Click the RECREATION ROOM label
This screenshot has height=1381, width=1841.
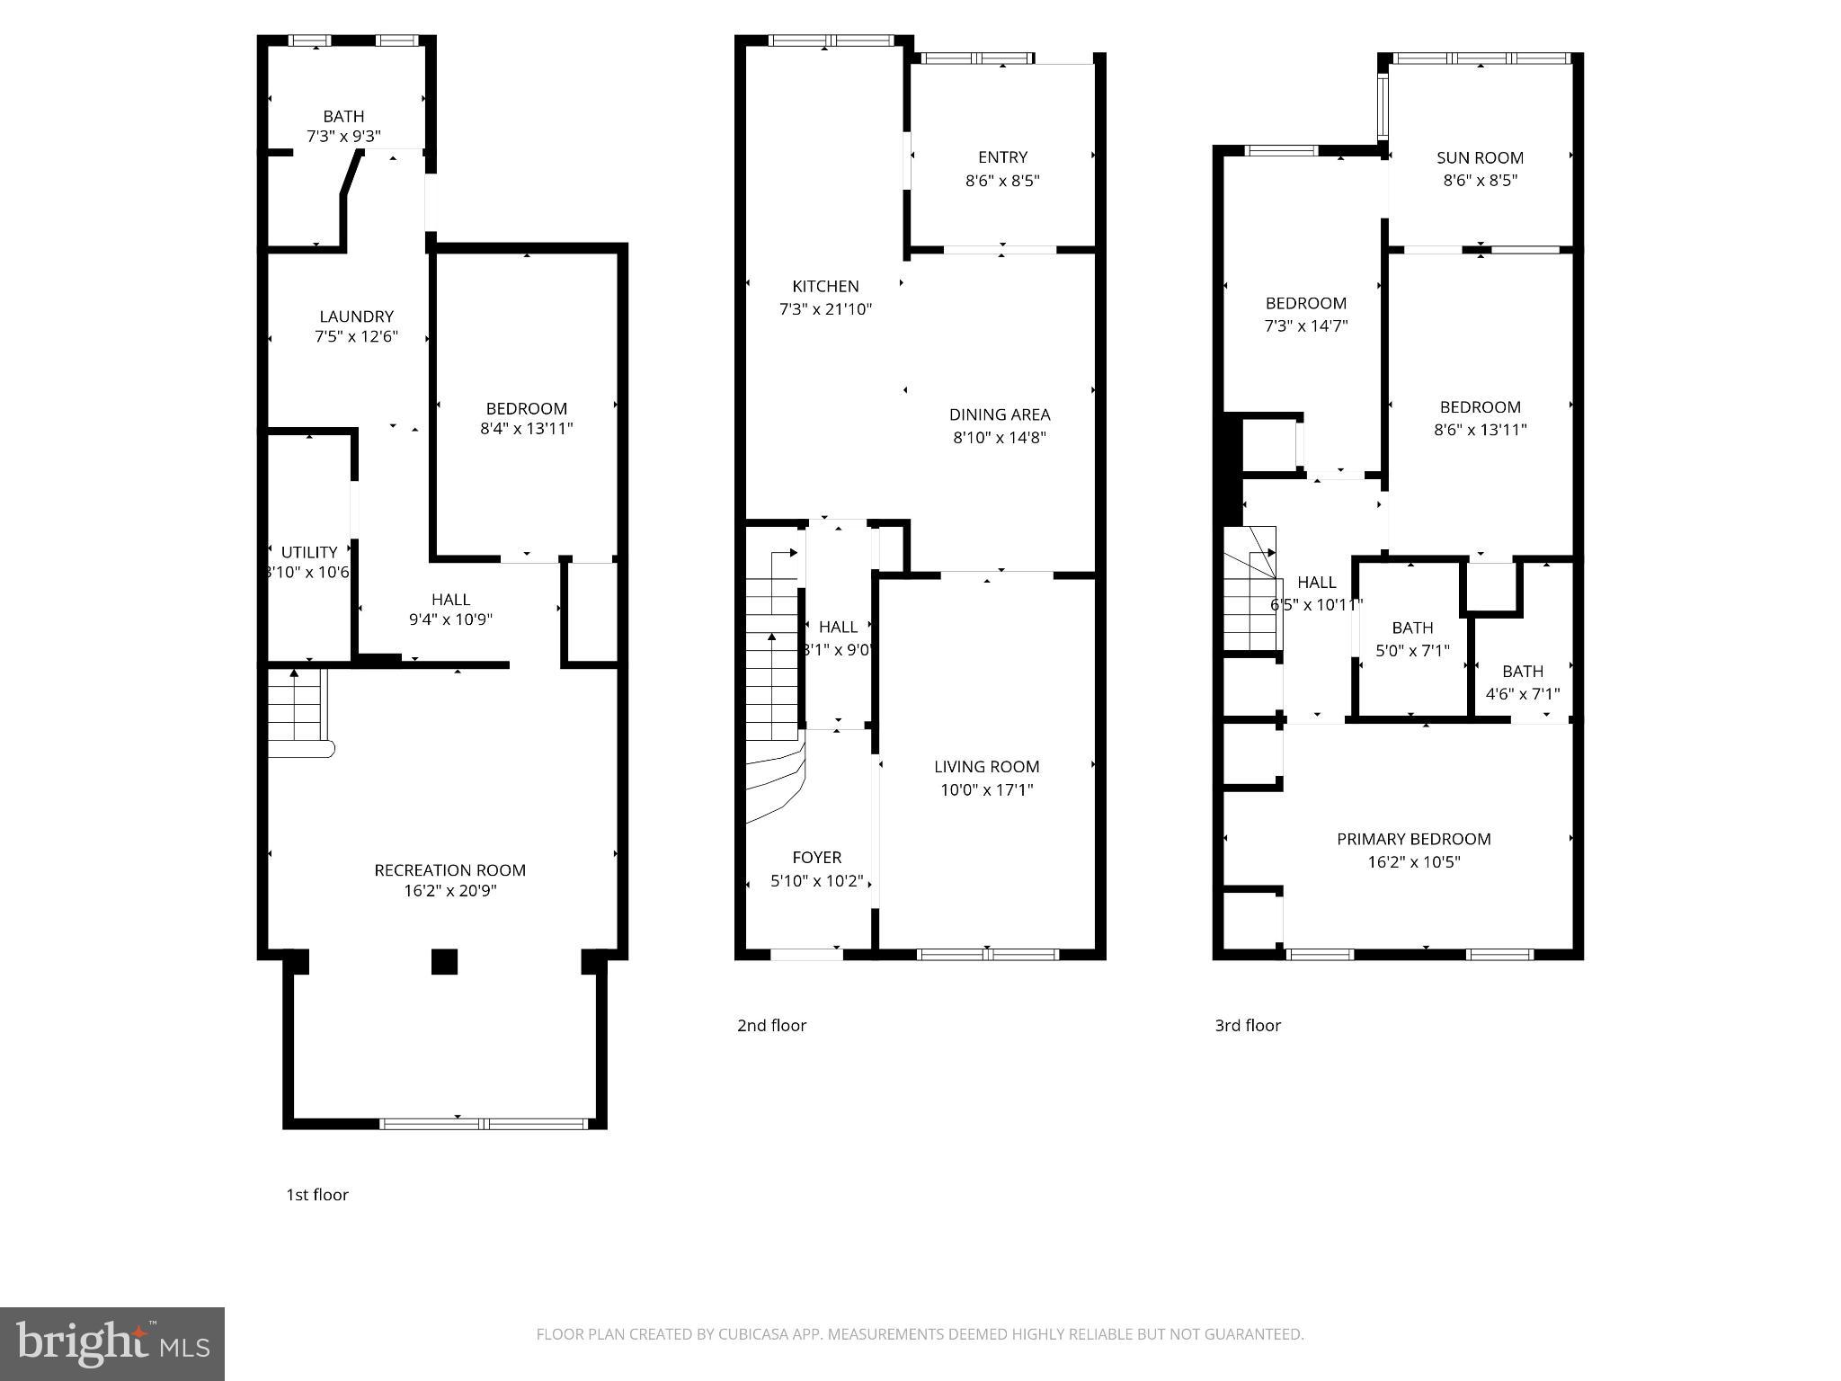click(x=449, y=869)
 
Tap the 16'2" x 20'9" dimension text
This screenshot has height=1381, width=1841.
click(x=449, y=891)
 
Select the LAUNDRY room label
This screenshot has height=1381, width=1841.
click(x=356, y=316)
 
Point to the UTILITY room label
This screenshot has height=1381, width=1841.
click(x=309, y=552)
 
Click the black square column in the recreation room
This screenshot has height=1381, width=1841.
click(x=444, y=962)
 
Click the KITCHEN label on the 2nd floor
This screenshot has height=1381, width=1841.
click(x=824, y=286)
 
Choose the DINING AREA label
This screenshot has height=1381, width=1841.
click(x=999, y=414)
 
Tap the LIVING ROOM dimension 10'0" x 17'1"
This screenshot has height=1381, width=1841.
click(x=986, y=789)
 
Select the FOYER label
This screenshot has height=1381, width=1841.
click(x=816, y=857)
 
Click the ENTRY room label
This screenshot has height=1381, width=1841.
click(x=1001, y=157)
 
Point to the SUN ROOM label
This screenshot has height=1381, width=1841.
click(x=1479, y=157)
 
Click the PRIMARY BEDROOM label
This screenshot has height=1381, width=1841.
click(x=1413, y=839)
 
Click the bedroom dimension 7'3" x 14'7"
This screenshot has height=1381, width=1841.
click(x=1305, y=326)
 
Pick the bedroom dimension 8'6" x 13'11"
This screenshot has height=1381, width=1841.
click(x=1479, y=430)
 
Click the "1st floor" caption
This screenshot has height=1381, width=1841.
click(x=316, y=1195)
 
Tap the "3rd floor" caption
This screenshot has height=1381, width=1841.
click(x=1247, y=1025)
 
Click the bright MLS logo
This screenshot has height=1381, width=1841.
click(x=111, y=1344)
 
